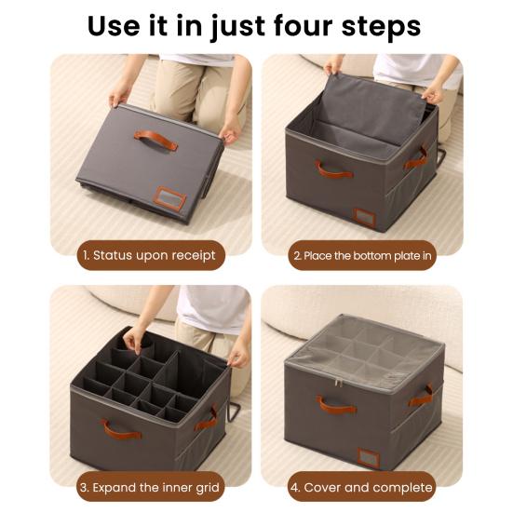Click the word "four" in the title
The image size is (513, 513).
[303, 26]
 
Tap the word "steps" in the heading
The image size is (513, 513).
[381, 27]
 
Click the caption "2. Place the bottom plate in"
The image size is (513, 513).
[362, 255]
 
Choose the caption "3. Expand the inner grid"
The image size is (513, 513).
[149, 488]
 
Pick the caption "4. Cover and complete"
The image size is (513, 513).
[361, 488]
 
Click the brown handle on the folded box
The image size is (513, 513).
[156, 140]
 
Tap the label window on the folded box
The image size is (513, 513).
[169, 198]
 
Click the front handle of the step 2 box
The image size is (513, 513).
[333, 169]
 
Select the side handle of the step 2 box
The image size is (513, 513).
[416, 159]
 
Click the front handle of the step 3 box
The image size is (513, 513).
[121, 430]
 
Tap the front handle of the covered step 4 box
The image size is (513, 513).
[336, 405]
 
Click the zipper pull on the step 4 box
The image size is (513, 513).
[338, 383]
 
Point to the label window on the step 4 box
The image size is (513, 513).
[368, 457]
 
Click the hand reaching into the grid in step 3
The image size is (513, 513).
[134, 339]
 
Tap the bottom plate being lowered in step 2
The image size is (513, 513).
[369, 110]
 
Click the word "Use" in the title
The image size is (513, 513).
[115, 26]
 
